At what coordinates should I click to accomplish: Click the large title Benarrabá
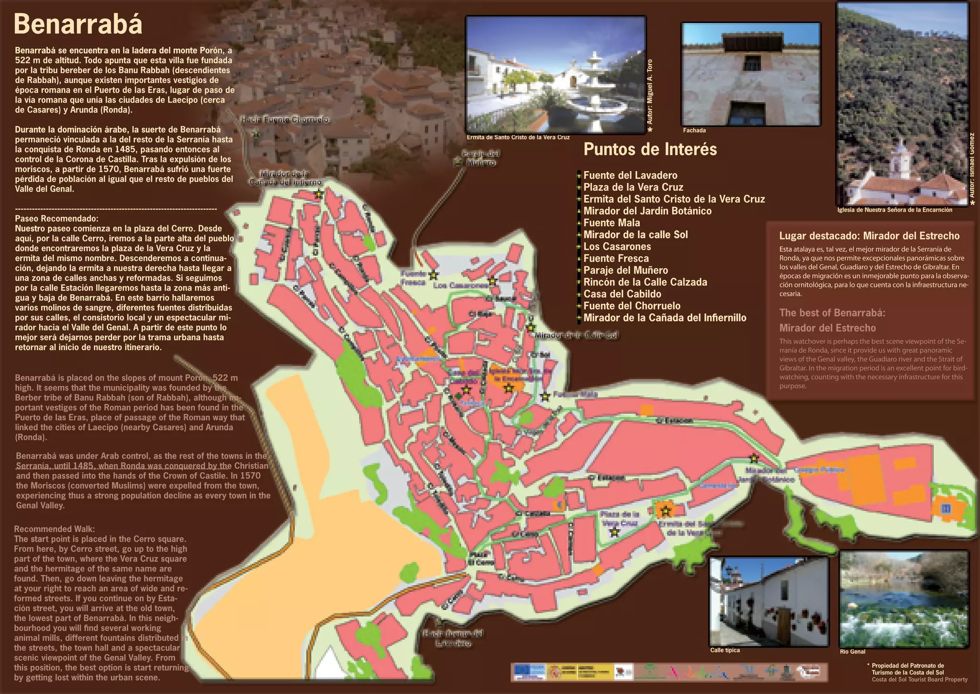point(78,24)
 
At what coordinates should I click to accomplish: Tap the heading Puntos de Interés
point(650,149)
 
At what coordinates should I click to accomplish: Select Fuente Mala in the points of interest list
point(612,223)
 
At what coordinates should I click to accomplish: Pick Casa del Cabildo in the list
point(622,294)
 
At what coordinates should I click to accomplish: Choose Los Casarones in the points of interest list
point(617,247)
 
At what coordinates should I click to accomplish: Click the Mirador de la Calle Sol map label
point(576,335)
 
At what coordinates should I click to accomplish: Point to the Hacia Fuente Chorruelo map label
point(284,119)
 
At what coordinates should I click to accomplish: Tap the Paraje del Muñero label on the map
point(480,158)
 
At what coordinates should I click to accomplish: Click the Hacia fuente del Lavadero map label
point(453,638)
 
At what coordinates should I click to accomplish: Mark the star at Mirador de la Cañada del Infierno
point(319,194)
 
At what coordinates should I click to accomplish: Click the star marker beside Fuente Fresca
point(434,275)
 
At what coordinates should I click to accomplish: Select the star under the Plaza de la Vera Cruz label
point(615,532)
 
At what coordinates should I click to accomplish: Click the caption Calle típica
point(724,650)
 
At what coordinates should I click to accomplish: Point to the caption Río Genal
point(852,652)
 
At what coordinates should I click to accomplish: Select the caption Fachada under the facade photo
point(694,130)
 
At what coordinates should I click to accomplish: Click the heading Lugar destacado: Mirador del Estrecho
point(869,236)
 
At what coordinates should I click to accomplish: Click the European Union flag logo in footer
point(530,672)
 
